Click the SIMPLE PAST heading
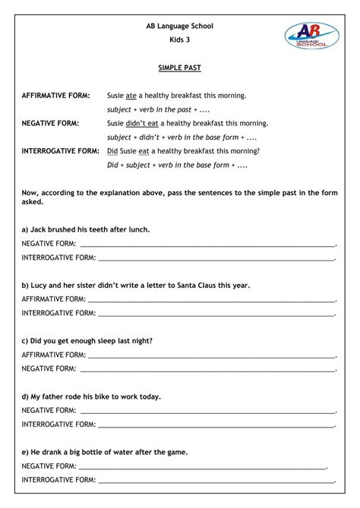click(180, 68)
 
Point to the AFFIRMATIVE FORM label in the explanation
click(55, 96)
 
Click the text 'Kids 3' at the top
click(180, 39)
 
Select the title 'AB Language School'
click(180, 26)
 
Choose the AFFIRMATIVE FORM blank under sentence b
click(213, 301)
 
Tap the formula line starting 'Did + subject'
click(178, 164)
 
